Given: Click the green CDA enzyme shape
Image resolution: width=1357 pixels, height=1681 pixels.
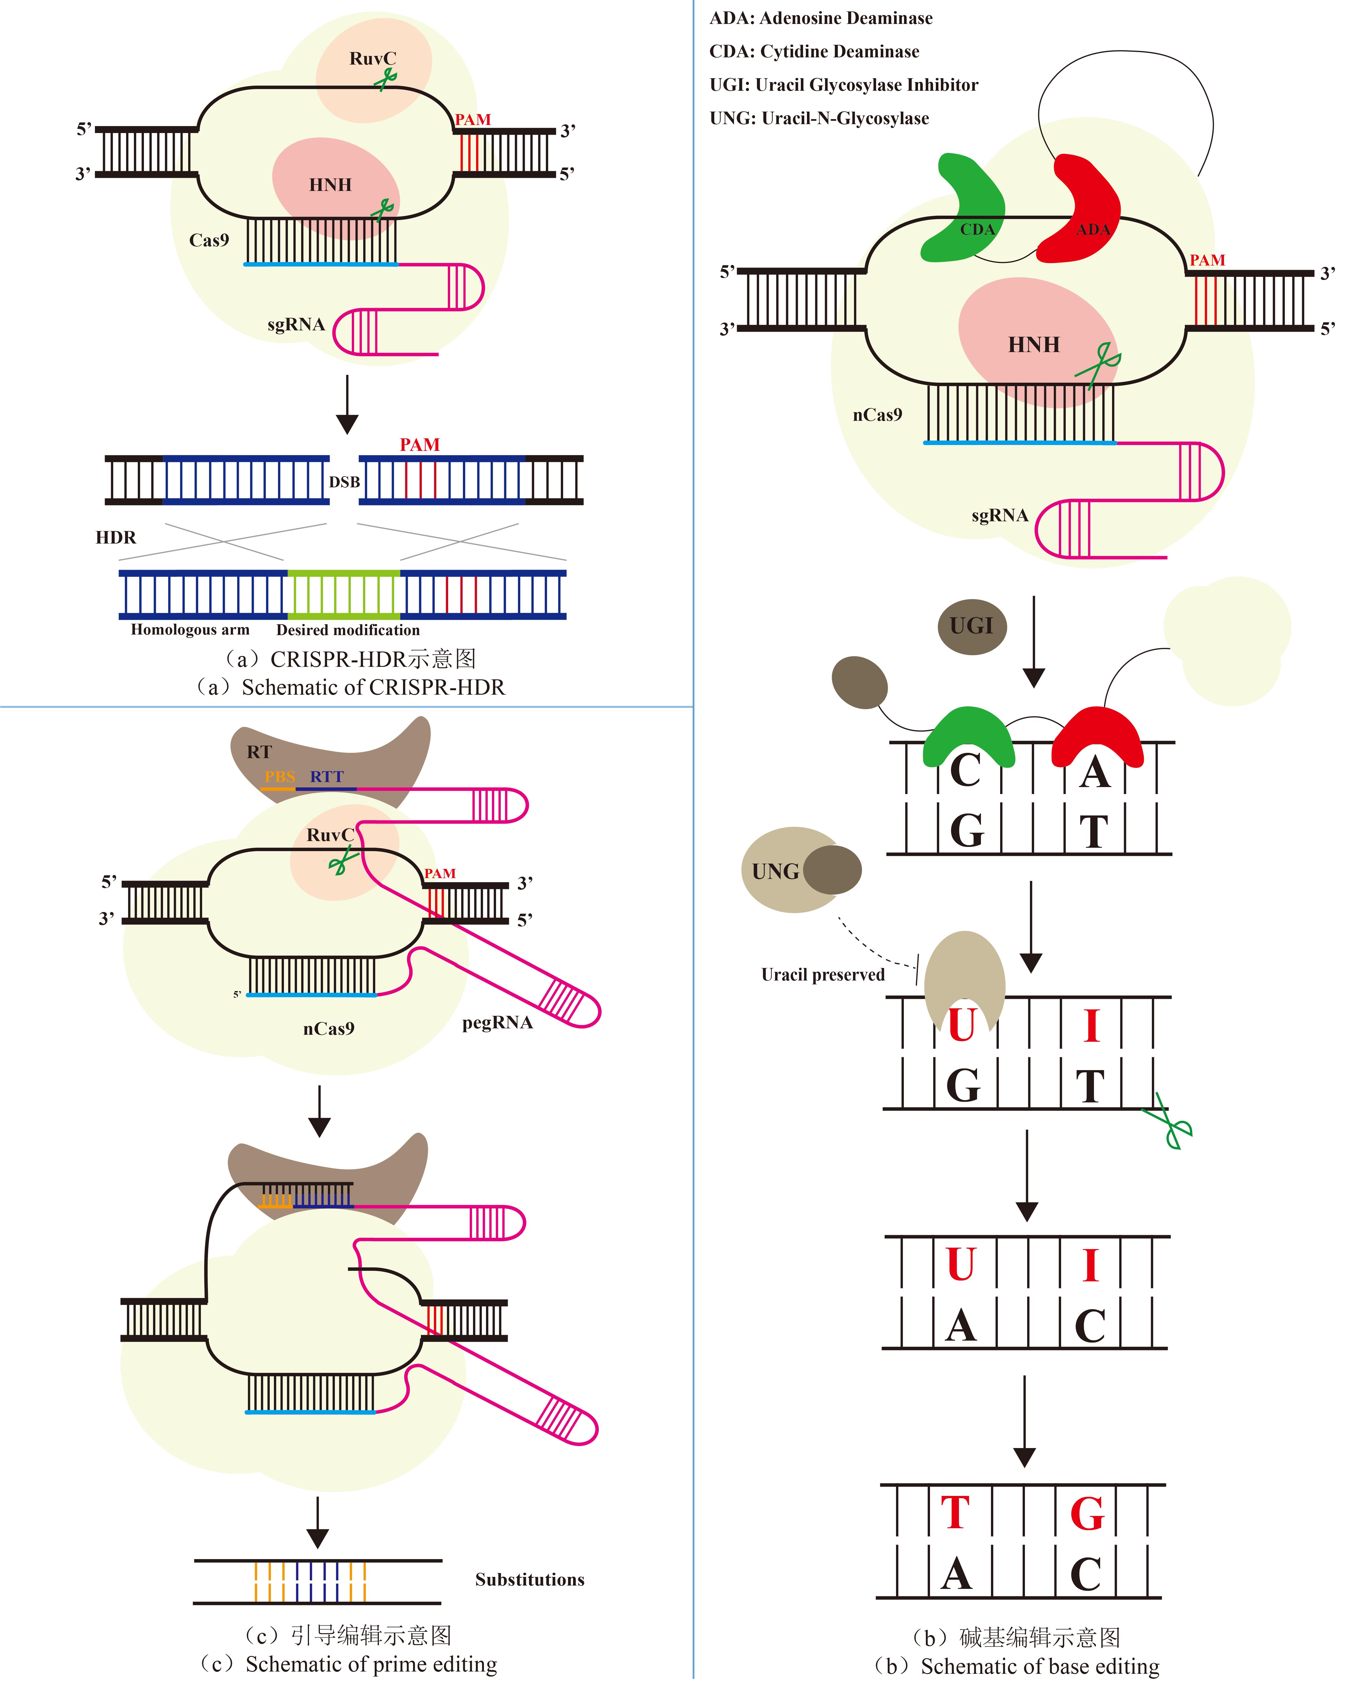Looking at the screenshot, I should pyautogui.click(x=965, y=215).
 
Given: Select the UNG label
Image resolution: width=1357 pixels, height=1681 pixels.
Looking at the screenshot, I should pyautogui.click(x=775, y=871).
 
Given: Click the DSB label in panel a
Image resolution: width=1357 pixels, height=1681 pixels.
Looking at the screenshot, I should pyautogui.click(x=344, y=482).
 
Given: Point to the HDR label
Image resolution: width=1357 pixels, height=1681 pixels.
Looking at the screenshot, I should pyautogui.click(x=116, y=538).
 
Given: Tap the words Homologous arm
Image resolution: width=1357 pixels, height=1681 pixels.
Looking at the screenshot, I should pyautogui.click(x=190, y=630).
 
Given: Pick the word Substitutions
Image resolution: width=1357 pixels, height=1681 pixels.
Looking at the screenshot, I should pyautogui.click(x=529, y=1579).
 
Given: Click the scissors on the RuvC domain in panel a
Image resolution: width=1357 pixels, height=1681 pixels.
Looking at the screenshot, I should pyautogui.click(x=385, y=78).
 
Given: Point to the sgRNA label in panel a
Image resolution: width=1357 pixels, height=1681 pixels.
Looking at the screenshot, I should pyautogui.click(x=295, y=324).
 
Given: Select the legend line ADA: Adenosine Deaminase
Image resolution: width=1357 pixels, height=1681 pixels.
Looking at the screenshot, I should pyautogui.click(x=821, y=18).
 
